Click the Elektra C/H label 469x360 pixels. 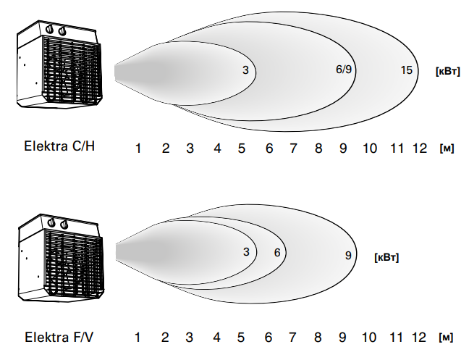tap(59, 146)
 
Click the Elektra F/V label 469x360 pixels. tap(59, 338)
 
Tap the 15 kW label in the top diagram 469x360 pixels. tap(407, 70)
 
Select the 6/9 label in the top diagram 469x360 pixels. tap(344, 69)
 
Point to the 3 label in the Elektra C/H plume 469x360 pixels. tap(245, 70)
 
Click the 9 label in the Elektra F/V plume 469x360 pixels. tap(348, 255)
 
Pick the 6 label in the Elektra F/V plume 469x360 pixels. tap(277, 253)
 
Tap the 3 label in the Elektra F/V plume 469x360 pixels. tap(246, 252)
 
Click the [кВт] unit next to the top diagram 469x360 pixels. tap(448, 72)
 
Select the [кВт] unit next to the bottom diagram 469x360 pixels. tap(386, 257)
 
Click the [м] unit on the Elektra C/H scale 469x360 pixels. tap(447, 148)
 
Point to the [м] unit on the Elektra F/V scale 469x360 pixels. tap(446, 338)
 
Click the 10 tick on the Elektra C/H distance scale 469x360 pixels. tap(370, 148)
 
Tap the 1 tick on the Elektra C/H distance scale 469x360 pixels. tap(138, 148)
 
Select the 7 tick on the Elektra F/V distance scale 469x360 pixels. tap(292, 338)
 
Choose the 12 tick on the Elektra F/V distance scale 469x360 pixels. tap(419, 338)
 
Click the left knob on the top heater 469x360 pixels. tap(50, 30)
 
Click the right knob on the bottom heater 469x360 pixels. tap(64, 224)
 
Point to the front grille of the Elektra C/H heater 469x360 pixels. tap(72, 70)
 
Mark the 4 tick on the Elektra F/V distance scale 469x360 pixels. tap(216, 338)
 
